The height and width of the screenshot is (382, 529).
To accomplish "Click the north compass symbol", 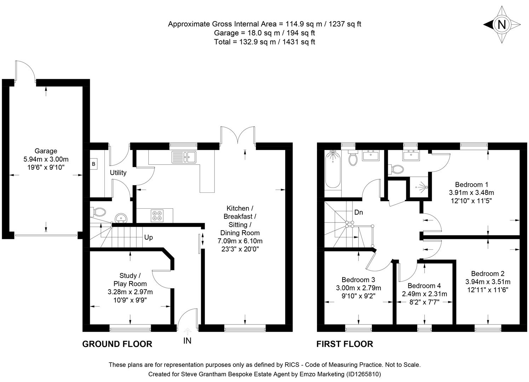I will tap(501, 24).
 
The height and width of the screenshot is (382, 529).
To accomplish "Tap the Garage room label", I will tap(46, 151).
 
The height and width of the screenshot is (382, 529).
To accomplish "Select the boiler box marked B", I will tap(94, 164).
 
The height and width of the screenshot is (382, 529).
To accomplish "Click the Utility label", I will tap(118, 173).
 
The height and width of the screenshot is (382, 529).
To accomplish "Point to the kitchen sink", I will tap(184, 157).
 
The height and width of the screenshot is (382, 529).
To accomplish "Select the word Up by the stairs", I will tap(149, 237).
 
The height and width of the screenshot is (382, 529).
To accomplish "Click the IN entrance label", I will tap(187, 341).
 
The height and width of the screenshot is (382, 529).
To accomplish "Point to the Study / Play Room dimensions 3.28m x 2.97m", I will tap(130, 292).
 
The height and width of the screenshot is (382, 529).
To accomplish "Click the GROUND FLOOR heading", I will tap(117, 344).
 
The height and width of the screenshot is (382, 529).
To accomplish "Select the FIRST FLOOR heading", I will tap(344, 344).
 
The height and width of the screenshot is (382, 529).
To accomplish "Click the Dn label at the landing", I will tap(358, 213).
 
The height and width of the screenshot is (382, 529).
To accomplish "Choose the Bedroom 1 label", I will tap(471, 184).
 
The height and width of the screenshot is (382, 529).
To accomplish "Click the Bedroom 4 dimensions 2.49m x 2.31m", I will tap(424, 294).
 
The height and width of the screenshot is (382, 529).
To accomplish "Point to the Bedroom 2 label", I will tap(488, 273).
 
